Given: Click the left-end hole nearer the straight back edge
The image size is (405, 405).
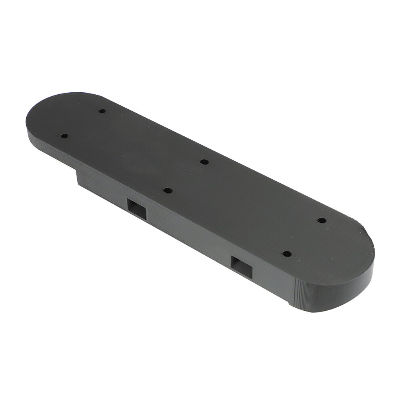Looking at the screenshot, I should [x=102, y=111].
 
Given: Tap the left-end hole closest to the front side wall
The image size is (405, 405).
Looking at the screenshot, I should [x=64, y=136].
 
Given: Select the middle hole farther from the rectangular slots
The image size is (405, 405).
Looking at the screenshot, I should [x=204, y=162].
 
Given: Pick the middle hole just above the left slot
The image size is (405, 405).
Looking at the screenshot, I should [x=168, y=190].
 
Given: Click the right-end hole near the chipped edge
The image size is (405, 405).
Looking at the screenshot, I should [x=321, y=221].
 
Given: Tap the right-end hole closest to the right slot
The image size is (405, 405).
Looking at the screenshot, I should [x=286, y=254].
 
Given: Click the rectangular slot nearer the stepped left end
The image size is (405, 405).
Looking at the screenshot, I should [x=137, y=209].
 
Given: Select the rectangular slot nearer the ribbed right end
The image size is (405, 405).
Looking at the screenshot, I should [x=242, y=267].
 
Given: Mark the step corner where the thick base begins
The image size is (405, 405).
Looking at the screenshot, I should [x=77, y=172].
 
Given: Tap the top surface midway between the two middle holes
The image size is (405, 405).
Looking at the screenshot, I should [x=186, y=176].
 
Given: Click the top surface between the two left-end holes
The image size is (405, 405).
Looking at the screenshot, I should [x=83, y=123].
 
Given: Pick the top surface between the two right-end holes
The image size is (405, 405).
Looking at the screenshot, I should [x=304, y=237].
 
